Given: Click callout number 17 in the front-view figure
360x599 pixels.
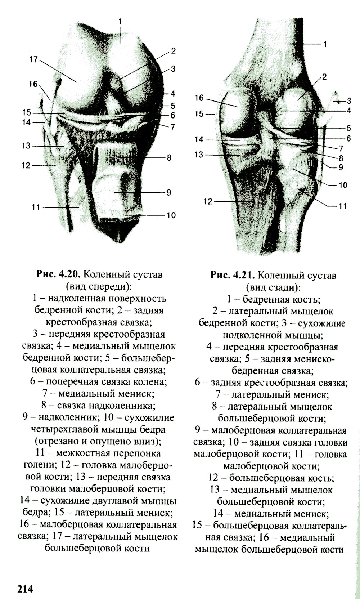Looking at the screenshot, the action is click(x=33, y=59).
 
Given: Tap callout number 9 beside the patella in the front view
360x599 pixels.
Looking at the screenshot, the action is click(x=168, y=192).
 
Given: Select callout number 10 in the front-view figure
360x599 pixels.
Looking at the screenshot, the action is click(x=171, y=215).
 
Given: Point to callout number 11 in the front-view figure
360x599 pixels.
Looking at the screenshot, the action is click(x=36, y=207).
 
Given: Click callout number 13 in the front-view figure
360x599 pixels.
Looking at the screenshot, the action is click(x=26, y=146).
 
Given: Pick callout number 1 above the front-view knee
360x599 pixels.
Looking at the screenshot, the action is click(x=120, y=21).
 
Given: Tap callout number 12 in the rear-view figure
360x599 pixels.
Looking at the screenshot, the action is click(x=208, y=201).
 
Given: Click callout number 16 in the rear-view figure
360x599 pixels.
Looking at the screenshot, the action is click(x=199, y=98).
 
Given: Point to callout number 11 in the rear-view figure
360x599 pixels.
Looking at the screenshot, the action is click(x=343, y=206).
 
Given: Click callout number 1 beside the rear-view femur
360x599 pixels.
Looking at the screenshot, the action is click(x=325, y=44).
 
